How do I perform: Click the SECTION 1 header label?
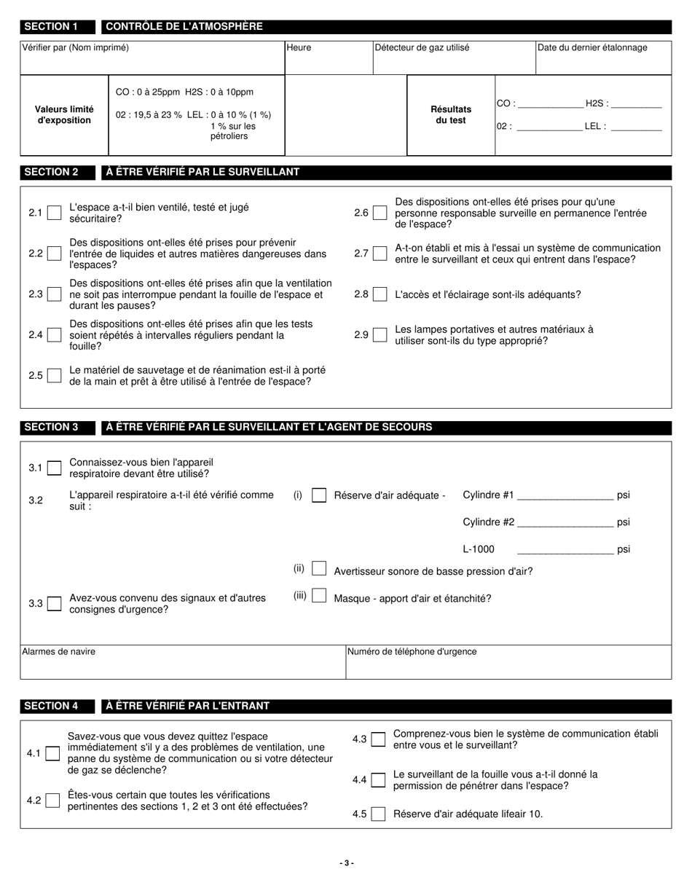pos(51,27)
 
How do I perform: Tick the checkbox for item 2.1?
pos(54,213)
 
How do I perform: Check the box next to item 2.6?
pos(379,213)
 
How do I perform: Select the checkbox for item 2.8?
pos(379,294)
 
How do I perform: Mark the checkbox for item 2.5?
pos(54,376)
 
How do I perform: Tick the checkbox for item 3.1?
pos(54,468)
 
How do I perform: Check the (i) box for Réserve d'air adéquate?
pos(318,495)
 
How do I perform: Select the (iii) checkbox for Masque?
pos(318,596)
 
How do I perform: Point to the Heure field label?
pos(299,48)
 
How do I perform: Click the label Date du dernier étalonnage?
pos(591,48)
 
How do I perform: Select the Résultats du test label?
pos(451,115)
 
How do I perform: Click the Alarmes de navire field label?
pos(58,652)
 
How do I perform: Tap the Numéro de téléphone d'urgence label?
pos(412,652)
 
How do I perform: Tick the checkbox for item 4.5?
pos(378,814)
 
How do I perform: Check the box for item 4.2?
pos(52,801)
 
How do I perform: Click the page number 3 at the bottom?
pos(347,863)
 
